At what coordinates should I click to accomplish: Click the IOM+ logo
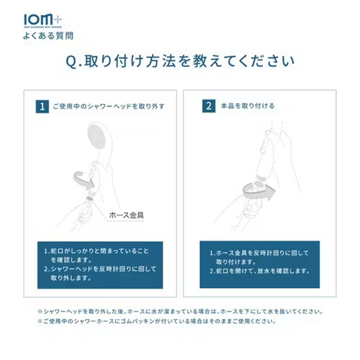(42, 21)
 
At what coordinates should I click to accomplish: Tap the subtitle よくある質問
(48, 36)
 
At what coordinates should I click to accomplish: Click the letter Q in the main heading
(71, 62)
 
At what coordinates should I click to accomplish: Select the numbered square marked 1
(42, 107)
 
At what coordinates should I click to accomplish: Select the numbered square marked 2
(209, 106)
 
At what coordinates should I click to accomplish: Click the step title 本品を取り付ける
(248, 106)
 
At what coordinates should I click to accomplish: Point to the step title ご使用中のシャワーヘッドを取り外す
(109, 107)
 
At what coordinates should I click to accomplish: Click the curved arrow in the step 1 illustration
(84, 181)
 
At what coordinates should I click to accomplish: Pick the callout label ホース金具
(127, 215)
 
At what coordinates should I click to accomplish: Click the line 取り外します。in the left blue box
(71, 278)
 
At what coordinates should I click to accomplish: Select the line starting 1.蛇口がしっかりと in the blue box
(96, 251)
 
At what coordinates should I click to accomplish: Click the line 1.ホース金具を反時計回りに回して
(258, 253)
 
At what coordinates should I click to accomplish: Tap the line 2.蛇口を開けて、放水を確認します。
(259, 271)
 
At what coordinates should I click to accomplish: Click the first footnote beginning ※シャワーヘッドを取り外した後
(180, 312)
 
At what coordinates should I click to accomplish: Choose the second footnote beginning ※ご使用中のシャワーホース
(157, 321)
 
